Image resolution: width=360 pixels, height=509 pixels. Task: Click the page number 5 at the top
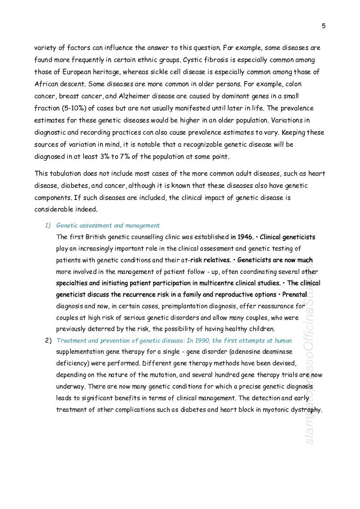point(323,26)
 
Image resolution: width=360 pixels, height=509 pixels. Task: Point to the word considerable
point(54,210)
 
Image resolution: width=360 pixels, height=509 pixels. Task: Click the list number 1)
point(48,225)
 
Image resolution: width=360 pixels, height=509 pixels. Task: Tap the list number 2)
point(48,341)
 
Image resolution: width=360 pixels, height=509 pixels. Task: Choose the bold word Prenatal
point(295,295)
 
